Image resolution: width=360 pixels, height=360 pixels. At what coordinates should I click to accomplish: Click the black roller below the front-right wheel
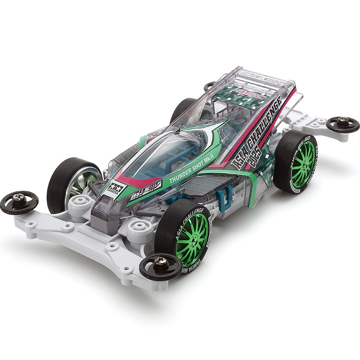[x=160, y=266]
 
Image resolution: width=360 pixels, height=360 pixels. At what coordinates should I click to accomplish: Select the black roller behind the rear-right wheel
[x=343, y=124]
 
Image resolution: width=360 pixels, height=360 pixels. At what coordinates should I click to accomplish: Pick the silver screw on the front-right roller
[x=161, y=261]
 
